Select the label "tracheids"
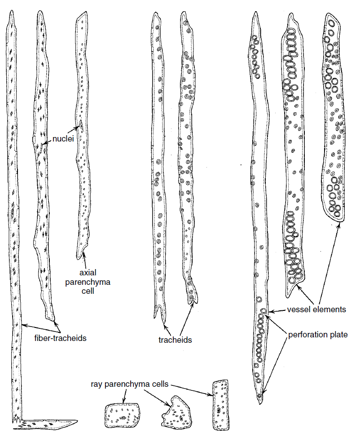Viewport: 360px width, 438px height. click(x=175, y=340)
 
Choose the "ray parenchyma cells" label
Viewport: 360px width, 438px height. click(x=131, y=385)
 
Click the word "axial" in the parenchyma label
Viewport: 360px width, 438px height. click(x=88, y=273)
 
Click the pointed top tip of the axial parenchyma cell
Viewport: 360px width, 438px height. click(x=83, y=11)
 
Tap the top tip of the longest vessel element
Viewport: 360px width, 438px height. click(x=255, y=12)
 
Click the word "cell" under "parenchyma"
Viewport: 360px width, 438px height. click(x=88, y=291)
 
